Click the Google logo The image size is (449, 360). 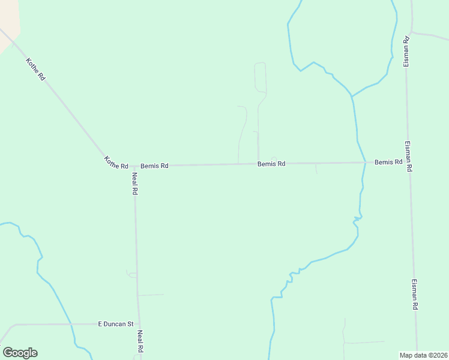coord(20,353)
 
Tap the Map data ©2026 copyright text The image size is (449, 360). coord(423,355)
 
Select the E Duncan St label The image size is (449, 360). coord(115,324)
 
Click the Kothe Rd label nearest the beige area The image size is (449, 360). coord(35,69)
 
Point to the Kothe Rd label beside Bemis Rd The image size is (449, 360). coord(116,162)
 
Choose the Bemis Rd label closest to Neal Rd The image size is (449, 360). coord(154,166)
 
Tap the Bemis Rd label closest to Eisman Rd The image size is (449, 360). coord(388,162)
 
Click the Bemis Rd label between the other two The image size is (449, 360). coord(271,163)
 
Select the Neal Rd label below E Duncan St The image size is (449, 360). coord(140,341)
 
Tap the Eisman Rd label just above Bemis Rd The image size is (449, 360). coord(408,157)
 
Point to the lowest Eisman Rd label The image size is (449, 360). coord(414,294)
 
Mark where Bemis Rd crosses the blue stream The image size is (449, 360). coord(364,163)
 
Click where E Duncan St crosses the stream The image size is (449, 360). coord(71,324)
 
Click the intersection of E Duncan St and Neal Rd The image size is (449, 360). coord(139,323)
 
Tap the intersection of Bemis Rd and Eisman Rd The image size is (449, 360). coord(408,162)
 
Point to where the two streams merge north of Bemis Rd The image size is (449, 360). coord(352,96)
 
